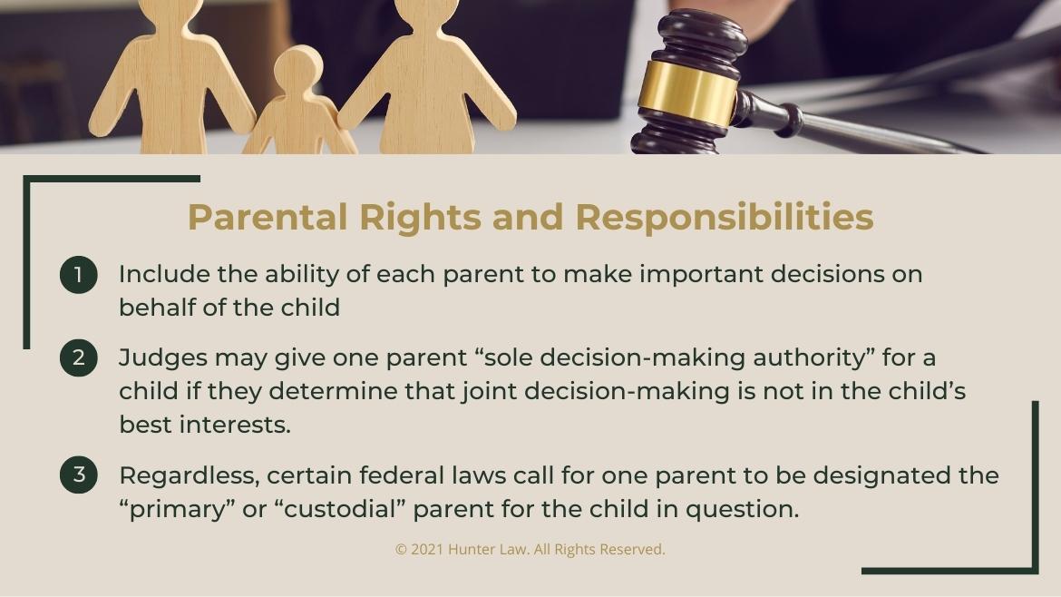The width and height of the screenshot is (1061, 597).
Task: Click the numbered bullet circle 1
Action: [x=79, y=275]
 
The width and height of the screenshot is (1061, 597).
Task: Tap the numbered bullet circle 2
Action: [x=79, y=358]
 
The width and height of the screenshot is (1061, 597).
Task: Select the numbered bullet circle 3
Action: [x=79, y=475]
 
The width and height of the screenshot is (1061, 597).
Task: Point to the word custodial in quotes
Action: [x=344, y=509]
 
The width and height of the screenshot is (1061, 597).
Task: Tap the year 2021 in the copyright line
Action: [x=427, y=549]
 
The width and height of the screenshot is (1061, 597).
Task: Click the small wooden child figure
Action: [x=299, y=104]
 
